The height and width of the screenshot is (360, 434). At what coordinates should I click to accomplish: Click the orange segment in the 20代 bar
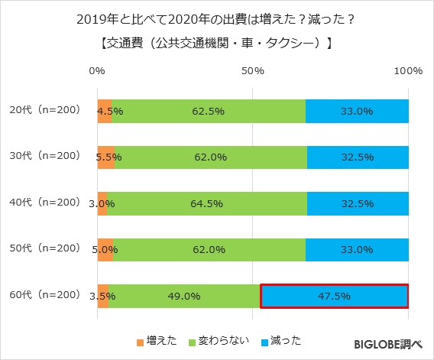tap(104, 112)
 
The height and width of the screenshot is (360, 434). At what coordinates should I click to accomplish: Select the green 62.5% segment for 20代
tap(208, 112)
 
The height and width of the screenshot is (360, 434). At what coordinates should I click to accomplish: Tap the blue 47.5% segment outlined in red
tap(334, 296)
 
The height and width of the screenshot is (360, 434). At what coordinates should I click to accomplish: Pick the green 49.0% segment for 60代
tap(184, 296)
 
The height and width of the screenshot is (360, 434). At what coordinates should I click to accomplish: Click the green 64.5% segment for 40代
tap(207, 203)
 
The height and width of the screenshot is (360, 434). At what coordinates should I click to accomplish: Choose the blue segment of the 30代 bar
tap(358, 157)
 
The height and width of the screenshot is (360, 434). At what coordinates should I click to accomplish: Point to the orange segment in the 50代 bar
tap(105, 249)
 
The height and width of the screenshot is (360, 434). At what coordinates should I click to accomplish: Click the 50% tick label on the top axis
tap(253, 71)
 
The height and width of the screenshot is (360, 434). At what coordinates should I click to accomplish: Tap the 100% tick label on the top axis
tap(408, 71)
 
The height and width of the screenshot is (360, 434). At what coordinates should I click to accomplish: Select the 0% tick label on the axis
tap(97, 71)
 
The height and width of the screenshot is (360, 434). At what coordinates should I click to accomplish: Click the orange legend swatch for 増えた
tap(140, 341)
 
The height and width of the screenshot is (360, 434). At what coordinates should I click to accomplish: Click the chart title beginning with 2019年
tap(216, 19)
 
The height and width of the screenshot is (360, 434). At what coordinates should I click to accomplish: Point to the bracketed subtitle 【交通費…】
tap(216, 44)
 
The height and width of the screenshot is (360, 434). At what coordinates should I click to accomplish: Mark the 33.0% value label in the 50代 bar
tap(357, 249)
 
